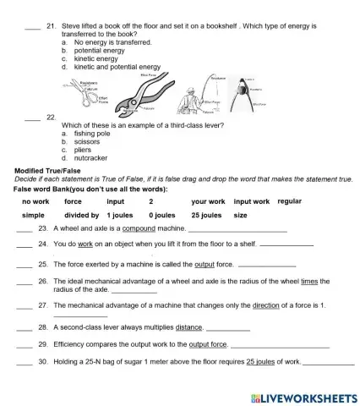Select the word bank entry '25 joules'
206,216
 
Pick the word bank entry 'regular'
289,201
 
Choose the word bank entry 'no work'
35,202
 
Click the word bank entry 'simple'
33,216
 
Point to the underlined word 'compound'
139,229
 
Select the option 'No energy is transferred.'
113,41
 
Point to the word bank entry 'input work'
251,202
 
